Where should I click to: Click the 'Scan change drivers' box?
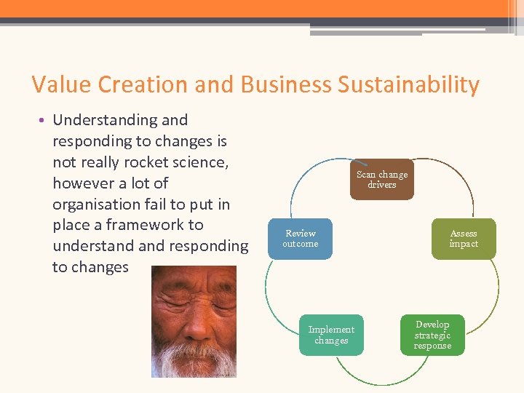coord(381,180)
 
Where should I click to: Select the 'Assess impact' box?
coord(463,239)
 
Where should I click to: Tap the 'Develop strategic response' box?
coord(432,335)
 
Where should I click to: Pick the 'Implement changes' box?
coord(331,335)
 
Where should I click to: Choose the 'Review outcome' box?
coord(300,239)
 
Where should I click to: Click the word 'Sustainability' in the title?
coord(408,84)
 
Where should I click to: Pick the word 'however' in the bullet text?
coord(84,183)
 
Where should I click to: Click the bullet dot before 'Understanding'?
coord(45,121)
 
